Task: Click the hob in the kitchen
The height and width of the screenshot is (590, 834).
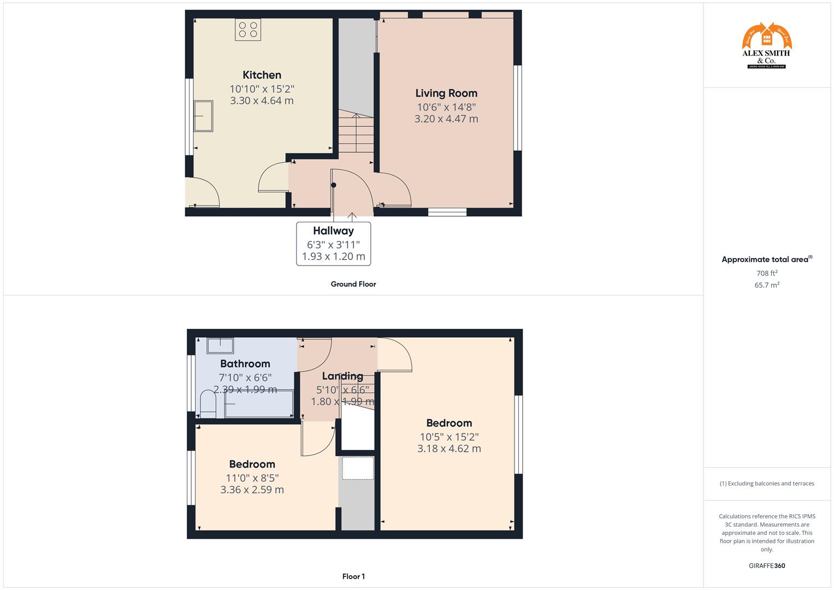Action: click(x=248, y=29)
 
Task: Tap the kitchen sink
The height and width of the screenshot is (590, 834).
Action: click(x=204, y=116)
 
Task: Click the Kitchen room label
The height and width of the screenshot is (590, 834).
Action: click(x=262, y=75)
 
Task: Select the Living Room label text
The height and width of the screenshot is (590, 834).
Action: click(x=446, y=93)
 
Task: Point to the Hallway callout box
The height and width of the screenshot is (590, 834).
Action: click(x=333, y=244)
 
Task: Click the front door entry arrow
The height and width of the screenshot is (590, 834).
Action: click(x=352, y=217)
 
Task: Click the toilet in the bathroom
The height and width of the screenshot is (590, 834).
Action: click(x=208, y=404)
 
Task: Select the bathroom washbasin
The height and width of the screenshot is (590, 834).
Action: click(x=220, y=345)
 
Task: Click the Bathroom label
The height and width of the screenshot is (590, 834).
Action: click(x=245, y=364)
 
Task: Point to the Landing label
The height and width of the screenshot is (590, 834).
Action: click(x=342, y=376)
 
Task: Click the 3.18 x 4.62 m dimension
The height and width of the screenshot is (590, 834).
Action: click(x=449, y=449)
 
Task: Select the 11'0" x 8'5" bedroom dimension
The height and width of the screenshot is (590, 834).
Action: click(x=252, y=477)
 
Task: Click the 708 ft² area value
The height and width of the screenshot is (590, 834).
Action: click(x=767, y=273)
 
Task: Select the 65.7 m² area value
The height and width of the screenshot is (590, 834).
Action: click(x=767, y=285)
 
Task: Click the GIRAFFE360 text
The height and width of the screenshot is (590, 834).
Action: click(x=767, y=565)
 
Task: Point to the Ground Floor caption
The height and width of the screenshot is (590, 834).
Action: click(x=353, y=284)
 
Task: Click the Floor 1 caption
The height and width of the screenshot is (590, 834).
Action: click(x=353, y=576)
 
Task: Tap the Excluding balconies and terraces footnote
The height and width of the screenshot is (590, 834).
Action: click(x=767, y=483)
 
